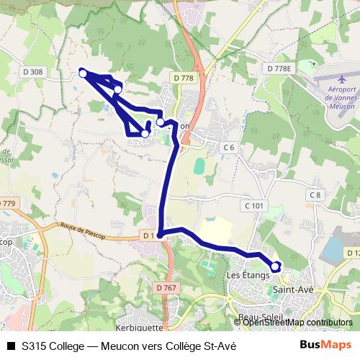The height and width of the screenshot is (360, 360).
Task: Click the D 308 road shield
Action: click(32, 71)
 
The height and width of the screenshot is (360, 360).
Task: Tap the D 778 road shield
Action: click(184, 77)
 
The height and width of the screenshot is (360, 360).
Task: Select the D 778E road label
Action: click(280, 68)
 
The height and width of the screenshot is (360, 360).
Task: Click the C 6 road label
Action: click(229, 147)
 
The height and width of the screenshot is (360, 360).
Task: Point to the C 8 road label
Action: click(315, 195)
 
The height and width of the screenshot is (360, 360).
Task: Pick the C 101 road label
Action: click(255, 205)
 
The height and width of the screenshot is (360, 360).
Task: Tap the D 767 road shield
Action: click(164, 288)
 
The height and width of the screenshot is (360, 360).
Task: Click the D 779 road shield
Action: click(6, 204)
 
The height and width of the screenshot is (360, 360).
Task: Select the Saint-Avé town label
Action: click(292, 289)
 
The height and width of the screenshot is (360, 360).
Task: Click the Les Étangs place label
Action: click(247, 275)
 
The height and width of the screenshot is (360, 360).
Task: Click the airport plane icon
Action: click(341, 78)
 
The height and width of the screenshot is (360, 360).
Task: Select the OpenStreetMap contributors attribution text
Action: click(298, 323)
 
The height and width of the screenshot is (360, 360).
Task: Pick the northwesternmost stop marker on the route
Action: click(84, 73)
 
